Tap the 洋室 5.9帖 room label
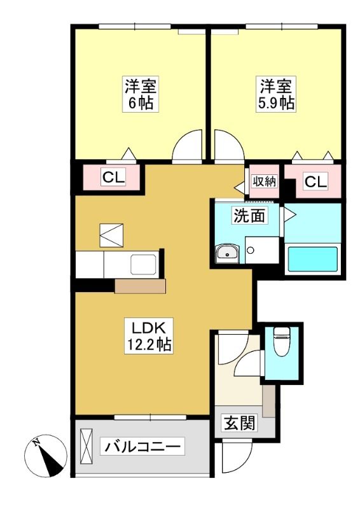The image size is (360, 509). coord(276,94)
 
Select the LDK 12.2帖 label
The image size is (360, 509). coord(149,336)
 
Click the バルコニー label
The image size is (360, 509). coord(142,447)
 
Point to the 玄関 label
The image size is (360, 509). coord(239,423)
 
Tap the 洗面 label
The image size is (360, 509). coord(249,215)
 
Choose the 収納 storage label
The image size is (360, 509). coord(265,181)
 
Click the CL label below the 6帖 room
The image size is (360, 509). coord(113,178)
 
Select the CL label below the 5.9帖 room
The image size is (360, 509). coord(315,181)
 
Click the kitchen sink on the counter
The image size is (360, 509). coord(144,265)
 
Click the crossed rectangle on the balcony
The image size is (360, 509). coord(87,447)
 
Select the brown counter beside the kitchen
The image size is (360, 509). coord(140,286)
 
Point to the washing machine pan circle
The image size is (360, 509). coord(250,250)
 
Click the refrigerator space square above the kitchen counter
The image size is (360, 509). coord(111,235)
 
